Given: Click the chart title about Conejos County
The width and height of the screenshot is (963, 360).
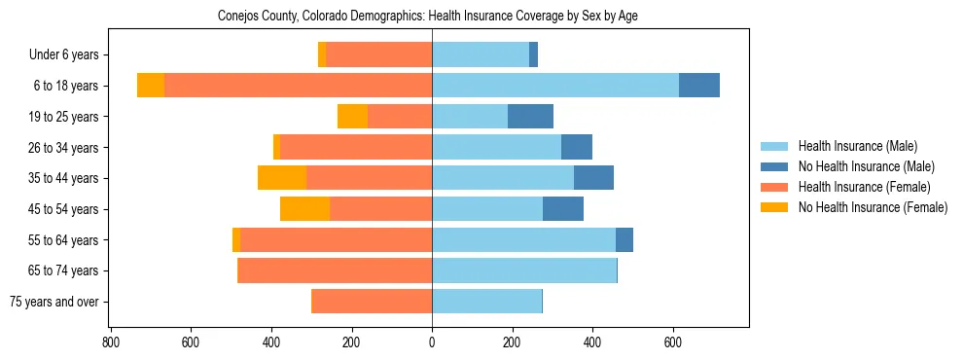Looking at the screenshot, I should click(x=429, y=17).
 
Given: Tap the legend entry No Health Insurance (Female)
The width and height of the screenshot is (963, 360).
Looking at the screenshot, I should click(x=873, y=207).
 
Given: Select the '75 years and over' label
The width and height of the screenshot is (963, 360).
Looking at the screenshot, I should click(x=53, y=302).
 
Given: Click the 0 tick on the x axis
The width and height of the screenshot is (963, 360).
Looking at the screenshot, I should click(x=432, y=342).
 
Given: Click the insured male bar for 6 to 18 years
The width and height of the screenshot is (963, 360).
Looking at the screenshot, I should click(x=555, y=86).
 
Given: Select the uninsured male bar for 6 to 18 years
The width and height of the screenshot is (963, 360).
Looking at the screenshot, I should click(x=699, y=86).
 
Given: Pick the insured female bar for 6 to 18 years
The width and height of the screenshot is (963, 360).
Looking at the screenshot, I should click(x=541, y=86).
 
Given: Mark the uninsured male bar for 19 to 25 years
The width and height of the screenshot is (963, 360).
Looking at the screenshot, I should click(x=530, y=117).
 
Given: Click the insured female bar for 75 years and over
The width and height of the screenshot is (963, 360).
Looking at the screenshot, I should click(x=372, y=302).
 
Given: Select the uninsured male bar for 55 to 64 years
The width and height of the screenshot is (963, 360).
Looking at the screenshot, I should click(x=624, y=239).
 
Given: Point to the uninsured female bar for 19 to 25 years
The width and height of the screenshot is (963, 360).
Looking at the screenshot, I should click(x=352, y=117).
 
